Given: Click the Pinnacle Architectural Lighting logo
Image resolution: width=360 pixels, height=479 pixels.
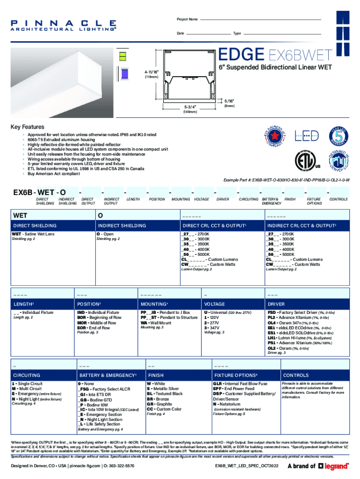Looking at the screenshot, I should tap(64, 25).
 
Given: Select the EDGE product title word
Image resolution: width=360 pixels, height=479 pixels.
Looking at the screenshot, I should tap(242, 56).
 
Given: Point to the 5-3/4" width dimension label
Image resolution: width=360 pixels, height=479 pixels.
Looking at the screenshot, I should tap(190, 107).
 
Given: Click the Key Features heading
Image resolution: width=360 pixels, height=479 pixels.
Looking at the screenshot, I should tap(28, 127).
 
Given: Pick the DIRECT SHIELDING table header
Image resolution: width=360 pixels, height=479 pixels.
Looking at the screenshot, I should tap(35, 225).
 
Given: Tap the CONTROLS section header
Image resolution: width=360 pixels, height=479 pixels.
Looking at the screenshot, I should tap(296, 375).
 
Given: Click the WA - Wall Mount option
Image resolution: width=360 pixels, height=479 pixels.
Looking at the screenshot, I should tap(156, 323).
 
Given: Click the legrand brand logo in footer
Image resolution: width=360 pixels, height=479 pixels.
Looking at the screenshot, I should tap(333, 466).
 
